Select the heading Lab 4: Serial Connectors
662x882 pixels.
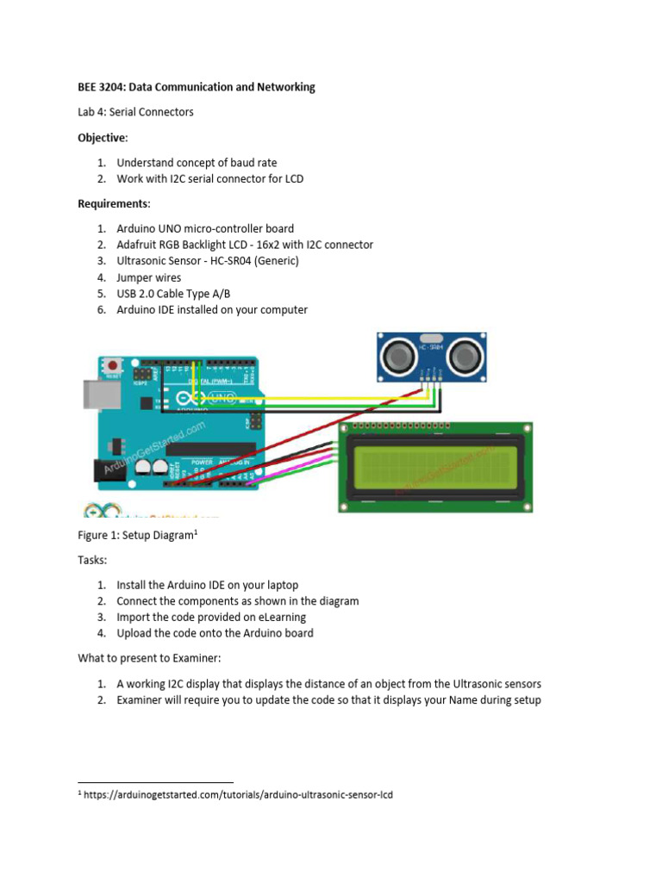(136, 112)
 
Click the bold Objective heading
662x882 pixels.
(102, 138)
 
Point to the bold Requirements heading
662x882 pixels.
(113, 204)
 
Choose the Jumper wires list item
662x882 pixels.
(148, 277)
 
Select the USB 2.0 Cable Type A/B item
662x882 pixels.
(179, 294)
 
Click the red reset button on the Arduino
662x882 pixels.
(112, 366)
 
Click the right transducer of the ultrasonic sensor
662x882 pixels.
(463, 353)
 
